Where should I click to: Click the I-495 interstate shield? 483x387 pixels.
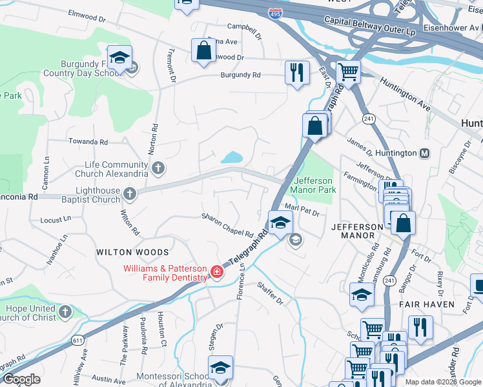coord(275,14)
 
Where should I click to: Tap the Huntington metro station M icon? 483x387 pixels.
coord(425,154)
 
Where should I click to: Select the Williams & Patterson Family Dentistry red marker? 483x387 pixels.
coord(217,273)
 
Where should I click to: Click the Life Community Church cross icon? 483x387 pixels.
coord(159,169)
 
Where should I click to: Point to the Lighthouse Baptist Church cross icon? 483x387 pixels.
coord(130,193)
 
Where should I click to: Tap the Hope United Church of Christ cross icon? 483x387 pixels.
coord(65,313)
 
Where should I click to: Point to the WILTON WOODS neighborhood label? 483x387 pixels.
coord(132,252)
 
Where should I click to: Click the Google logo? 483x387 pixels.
coord(21,379)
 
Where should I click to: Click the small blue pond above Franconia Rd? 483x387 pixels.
coord(231,157)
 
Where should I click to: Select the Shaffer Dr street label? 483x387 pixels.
coord(271,292)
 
